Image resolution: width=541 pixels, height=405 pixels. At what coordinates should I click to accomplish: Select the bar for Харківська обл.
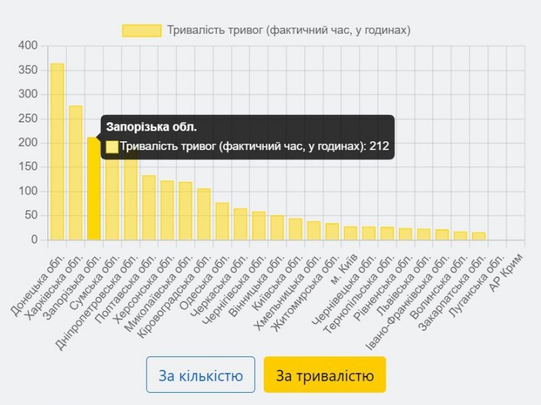[x=76, y=173]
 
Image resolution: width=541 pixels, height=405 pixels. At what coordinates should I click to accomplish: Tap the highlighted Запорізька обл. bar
[x=94, y=196]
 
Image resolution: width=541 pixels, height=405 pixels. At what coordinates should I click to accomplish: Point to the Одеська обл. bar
[x=222, y=221]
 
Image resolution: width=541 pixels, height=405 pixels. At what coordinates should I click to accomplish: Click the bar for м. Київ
[x=350, y=233]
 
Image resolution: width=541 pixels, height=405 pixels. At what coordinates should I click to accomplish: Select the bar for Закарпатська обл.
[x=479, y=236]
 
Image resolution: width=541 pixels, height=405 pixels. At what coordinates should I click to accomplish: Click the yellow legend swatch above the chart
[x=141, y=30]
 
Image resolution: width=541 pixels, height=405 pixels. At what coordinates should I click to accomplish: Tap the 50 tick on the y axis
[x=32, y=216]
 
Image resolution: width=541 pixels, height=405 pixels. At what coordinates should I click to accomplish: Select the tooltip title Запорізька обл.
[x=151, y=127]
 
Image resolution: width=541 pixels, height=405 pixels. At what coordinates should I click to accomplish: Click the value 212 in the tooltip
[x=379, y=146]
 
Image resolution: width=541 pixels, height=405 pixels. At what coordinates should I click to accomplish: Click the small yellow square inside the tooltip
[x=112, y=146]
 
